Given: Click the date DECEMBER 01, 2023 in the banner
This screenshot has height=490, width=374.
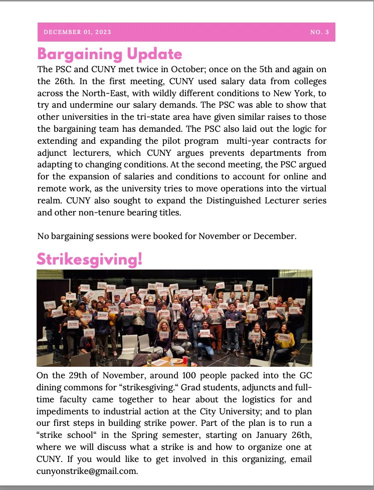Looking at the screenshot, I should pyautogui.click(x=78, y=32).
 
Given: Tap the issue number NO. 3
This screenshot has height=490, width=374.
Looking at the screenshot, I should pyautogui.click(x=319, y=32).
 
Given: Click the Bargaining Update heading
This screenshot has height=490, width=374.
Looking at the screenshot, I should pyautogui.click(x=110, y=54).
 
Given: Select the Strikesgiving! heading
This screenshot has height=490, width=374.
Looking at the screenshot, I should pyautogui.click(x=90, y=259).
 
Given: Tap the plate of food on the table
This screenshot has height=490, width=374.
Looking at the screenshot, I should pyautogui.click(x=177, y=361).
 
